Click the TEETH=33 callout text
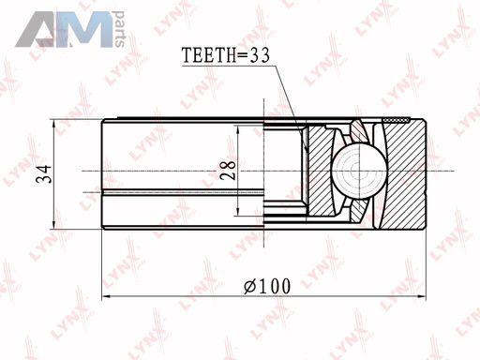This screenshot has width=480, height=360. [225, 55]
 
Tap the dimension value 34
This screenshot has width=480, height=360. [43, 173]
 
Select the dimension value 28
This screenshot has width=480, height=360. [228, 170]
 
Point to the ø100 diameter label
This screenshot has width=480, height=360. [267, 286]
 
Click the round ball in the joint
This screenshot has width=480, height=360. [359, 172]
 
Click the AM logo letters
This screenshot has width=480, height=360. [64, 29]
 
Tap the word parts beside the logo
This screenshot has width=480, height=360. [119, 29]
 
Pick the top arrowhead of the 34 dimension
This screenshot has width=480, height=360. [53, 125]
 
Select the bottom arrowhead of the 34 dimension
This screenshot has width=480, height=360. [53, 223]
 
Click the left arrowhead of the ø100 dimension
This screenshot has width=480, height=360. [108, 295]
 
